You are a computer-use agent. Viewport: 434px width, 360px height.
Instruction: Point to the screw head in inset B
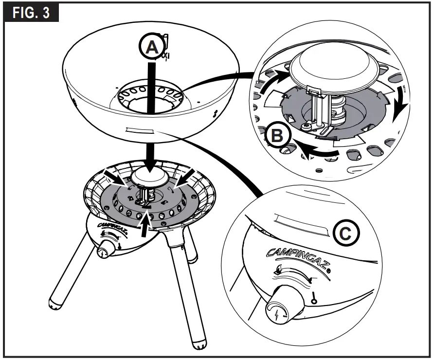click(306, 127)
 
